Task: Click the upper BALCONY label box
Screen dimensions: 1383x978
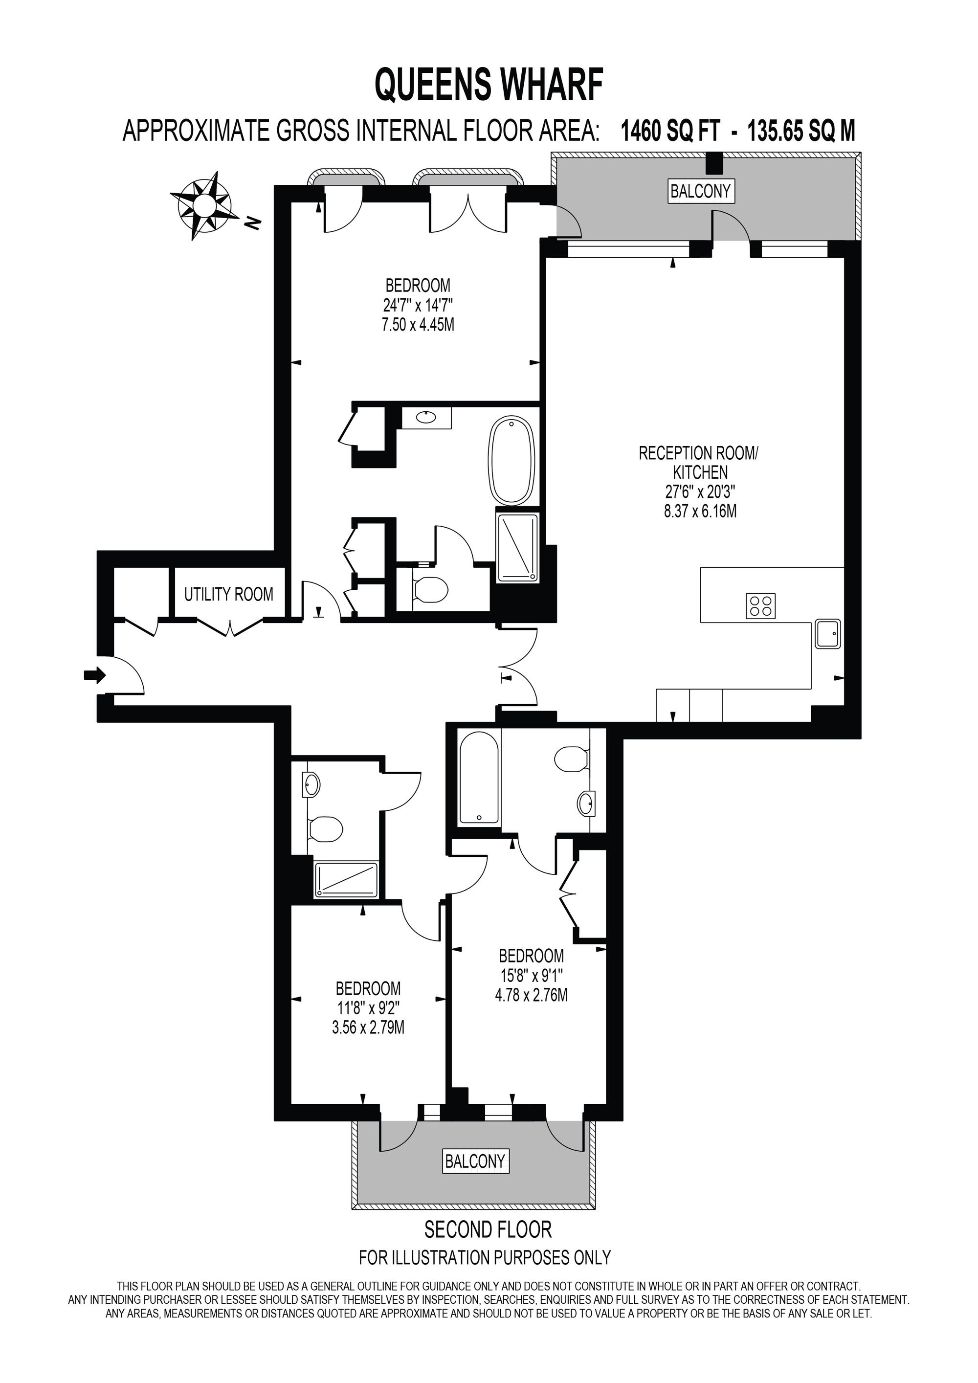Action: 700,192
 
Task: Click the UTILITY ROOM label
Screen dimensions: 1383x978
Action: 228,595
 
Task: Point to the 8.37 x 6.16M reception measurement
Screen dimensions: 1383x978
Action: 700,512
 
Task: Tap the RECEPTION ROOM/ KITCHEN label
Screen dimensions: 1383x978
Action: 699,462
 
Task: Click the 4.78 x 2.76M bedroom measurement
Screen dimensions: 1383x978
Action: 531,995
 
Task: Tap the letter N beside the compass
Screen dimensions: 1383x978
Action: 254,223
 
